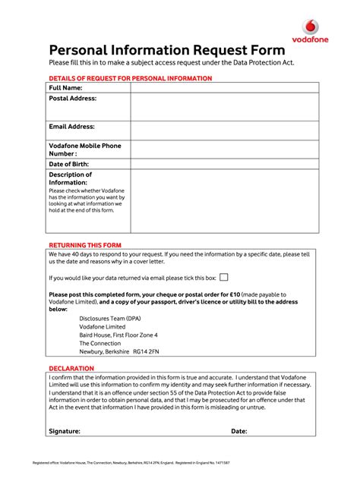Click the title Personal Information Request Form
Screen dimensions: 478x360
(167, 50)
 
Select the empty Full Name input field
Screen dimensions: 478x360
(224, 88)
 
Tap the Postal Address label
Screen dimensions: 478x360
(73, 99)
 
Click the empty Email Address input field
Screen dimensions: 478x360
(224, 131)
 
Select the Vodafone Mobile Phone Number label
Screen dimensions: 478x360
(85, 149)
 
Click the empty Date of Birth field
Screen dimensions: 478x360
(224, 164)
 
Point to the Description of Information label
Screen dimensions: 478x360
(71, 178)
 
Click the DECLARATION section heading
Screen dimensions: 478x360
(71, 368)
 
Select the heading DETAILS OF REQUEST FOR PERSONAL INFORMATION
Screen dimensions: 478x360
(130, 79)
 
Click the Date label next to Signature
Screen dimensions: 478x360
(239, 431)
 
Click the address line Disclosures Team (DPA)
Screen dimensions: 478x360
(110, 318)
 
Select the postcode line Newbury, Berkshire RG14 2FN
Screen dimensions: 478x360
(119, 351)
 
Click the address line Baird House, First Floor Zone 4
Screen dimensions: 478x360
(118, 335)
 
